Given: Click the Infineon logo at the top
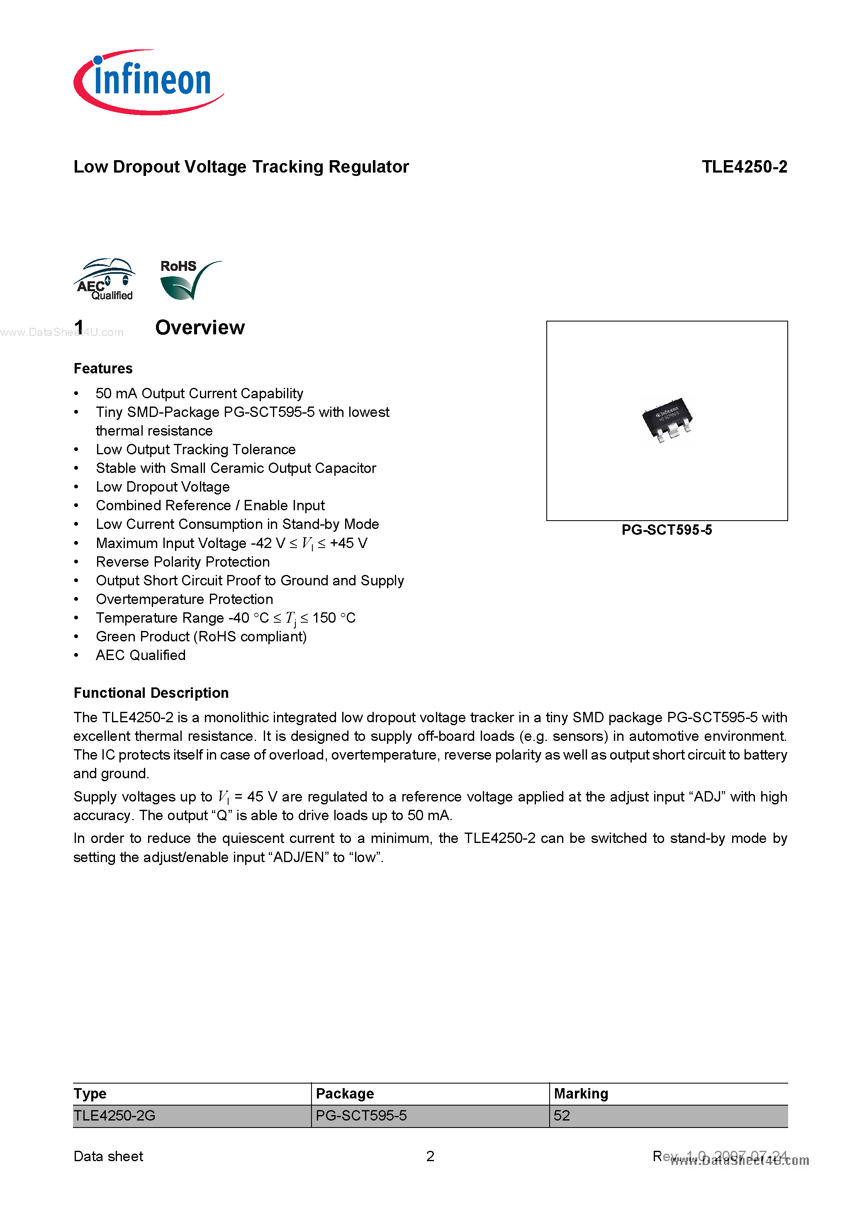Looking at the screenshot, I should (148, 82).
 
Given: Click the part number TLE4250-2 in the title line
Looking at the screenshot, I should (744, 167).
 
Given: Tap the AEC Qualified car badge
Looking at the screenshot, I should (105, 280).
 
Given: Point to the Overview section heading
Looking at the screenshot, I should (200, 328).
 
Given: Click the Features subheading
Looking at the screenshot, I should (103, 369).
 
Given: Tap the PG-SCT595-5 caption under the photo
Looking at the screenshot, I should (666, 530).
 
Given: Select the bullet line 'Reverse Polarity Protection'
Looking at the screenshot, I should (182, 562).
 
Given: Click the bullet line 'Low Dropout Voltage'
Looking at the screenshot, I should (163, 487).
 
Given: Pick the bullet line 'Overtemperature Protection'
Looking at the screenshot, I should (185, 599).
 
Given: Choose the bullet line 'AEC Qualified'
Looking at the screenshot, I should (141, 655).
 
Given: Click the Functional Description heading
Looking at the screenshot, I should (151, 693).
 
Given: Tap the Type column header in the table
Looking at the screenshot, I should (90, 1094).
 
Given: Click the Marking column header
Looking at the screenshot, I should (581, 1094).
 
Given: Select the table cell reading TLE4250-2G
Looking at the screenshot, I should (114, 1116).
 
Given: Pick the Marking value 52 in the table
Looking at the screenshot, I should (562, 1116).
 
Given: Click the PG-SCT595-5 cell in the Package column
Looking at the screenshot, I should (361, 1116).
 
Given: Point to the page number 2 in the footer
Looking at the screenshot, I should (430, 1157).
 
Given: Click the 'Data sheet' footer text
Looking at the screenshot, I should (108, 1157).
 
